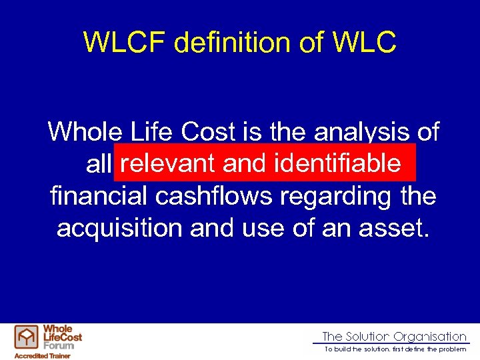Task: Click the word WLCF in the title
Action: [124, 43]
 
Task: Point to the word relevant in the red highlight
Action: [167, 163]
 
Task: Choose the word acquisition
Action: [119, 228]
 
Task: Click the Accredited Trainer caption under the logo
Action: [43, 355]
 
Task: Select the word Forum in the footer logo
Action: [59, 345]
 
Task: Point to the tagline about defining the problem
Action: [395, 349]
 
